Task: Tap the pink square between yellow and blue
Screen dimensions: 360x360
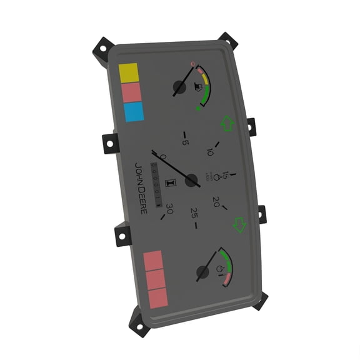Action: pos(131,92)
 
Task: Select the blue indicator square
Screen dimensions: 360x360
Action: pos(132,112)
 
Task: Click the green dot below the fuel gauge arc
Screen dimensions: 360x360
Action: pos(199,109)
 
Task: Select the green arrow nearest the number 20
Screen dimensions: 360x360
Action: pos(239,224)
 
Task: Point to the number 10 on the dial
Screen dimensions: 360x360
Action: pos(211,152)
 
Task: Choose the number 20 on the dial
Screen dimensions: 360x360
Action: pos(216,201)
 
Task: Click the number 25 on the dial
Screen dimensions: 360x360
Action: pos(194,212)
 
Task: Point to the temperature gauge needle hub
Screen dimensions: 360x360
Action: pos(202,273)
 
